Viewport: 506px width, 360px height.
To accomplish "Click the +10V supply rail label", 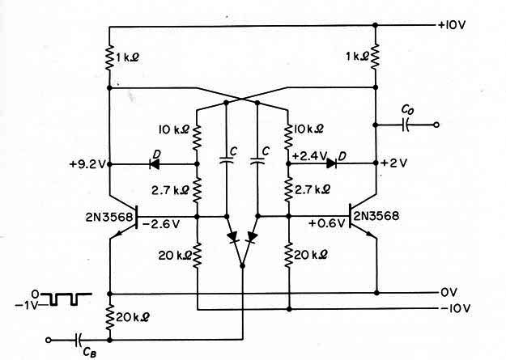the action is click(452, 26).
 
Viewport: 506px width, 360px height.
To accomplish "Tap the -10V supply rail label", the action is click(456, 308).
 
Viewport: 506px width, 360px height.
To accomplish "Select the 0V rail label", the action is click(449, 293).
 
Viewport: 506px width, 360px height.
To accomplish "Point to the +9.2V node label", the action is click(87, 164).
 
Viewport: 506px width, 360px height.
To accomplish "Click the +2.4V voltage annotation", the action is click(310, 156).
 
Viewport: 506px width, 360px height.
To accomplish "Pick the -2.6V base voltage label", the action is click(160, 224).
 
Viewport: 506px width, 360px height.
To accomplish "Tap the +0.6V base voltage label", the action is click(327, 223).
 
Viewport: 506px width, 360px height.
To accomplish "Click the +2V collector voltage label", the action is click(394, 163).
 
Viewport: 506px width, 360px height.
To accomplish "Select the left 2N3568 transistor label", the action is click(109, 217).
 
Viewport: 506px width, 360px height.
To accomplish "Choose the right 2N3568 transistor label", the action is click(376, 215).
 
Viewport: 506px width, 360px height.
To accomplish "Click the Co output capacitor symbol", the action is click(406, 125).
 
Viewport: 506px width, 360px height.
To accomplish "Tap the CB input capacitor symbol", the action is click(78, 340).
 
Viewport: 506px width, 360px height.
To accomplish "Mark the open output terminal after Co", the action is click(436, 125).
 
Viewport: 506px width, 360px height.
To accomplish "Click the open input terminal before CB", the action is click(49, 340).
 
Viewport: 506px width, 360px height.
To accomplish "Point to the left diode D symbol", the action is click(155, 164).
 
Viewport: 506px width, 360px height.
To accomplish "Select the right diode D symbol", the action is click(331, 163).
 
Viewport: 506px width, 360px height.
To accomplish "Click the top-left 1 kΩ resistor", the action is click(109, 57).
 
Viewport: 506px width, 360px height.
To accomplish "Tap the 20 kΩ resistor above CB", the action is click(110, 317).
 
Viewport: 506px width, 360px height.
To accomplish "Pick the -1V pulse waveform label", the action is click(27, 305).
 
